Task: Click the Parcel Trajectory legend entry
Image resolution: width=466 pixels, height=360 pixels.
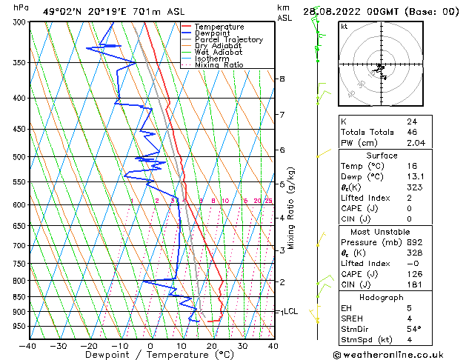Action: point(228,39)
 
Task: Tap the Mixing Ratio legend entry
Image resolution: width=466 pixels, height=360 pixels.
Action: point(219,65)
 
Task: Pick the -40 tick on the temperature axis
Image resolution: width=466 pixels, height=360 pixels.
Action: point(28,346)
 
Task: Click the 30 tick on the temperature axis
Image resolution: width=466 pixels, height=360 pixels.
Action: point(242,346)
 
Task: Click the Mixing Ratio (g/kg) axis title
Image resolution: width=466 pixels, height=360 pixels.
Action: point(292,208)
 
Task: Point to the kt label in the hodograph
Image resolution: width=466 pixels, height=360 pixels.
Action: point(344,26)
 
